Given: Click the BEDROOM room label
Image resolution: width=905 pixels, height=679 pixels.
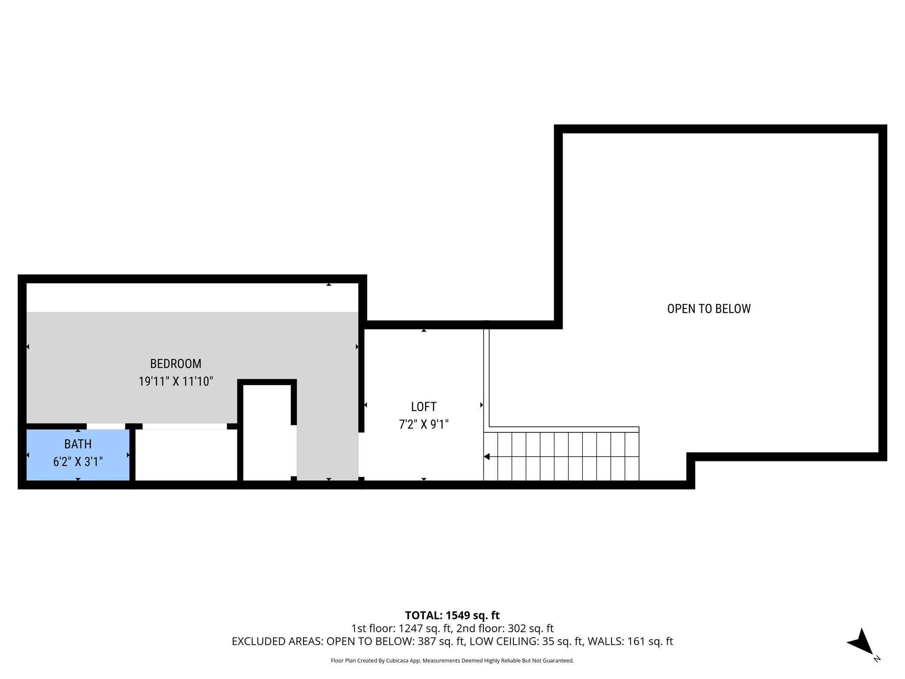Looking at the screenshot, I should (x=175, y=364).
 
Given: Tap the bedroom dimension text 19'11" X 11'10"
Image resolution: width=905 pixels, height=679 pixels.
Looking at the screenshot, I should (x=175, y=381).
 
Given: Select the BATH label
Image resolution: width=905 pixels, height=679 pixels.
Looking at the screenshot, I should (x=78, y=444).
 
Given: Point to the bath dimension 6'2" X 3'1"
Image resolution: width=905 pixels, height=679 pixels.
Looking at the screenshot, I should (x=78, y=462).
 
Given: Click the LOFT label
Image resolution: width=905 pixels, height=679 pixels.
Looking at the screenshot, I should (x=423, y=407).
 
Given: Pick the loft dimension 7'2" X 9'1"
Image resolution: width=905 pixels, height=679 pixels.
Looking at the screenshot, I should (x=423, y=424).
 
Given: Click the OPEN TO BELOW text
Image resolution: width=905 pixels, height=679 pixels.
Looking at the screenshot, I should (x=708, y=309).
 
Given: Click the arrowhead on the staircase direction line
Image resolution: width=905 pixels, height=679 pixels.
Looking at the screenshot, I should (x=487, y=457).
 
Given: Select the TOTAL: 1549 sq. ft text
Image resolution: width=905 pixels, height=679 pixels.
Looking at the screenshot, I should (x=452, y=615).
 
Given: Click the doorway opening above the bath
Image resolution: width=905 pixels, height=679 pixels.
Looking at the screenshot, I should (x=106, y=426).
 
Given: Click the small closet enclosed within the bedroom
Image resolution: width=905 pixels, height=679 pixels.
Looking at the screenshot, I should (x=267, y=432).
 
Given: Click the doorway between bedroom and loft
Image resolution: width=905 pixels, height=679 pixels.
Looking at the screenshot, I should (x=361, y=455).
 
